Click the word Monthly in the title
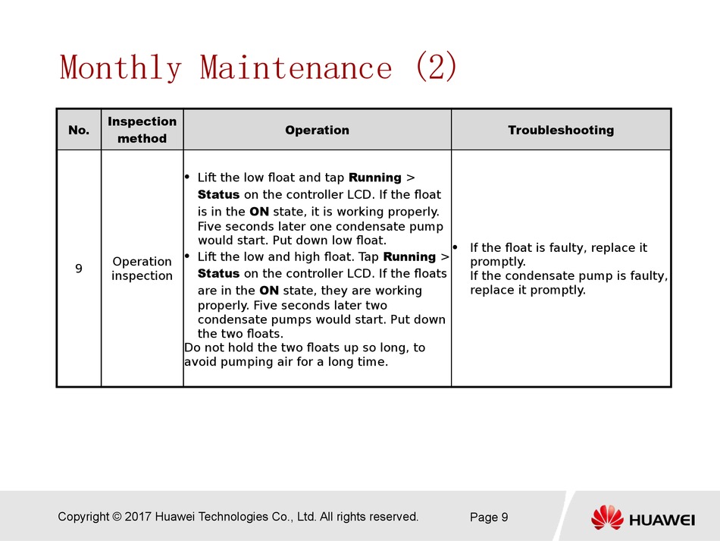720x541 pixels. click(121, 68)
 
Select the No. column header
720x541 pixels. click(79, 130)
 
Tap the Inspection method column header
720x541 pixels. click(142, 130)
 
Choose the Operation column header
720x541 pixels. click(318, 130)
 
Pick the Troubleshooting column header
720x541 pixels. click(561, 130)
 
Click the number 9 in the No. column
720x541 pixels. click(79, 269)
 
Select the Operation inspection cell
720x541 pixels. click(142, 269)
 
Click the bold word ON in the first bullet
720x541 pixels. click(259, 212)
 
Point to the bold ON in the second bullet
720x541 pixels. click(269, 291)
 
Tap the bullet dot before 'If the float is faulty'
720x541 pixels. click(455, 247)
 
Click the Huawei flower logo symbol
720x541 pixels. click(607, 517)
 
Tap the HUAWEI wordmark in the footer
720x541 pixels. click(662, 521)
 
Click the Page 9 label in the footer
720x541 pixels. click(489, 517)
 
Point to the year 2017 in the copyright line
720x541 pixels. click(138, 517)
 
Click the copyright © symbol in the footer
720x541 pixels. click(117, 517)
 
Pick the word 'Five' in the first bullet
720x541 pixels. click(210, 227)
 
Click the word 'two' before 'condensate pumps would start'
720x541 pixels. click(376, 305)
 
